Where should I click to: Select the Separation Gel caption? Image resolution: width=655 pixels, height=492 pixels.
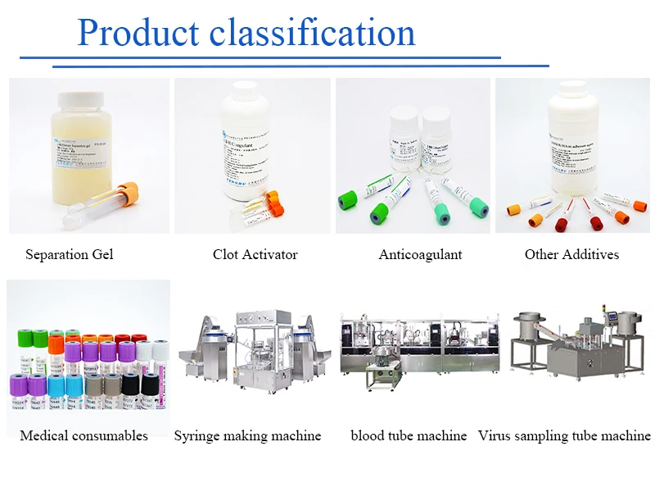tap(70, 254)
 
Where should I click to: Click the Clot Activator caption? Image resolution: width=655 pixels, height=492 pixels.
tap(255, 254)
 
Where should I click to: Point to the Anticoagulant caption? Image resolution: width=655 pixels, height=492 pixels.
tap(420, 254)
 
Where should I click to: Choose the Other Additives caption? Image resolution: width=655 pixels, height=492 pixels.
tap(571, 254)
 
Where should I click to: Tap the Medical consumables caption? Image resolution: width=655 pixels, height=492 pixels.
tap(84, 435)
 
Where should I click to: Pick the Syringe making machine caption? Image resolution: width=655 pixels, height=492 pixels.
tap(247, 435)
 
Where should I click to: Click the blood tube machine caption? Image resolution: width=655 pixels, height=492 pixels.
tap(409, 435)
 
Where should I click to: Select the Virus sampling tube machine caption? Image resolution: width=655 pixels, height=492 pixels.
tap(565, 435)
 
